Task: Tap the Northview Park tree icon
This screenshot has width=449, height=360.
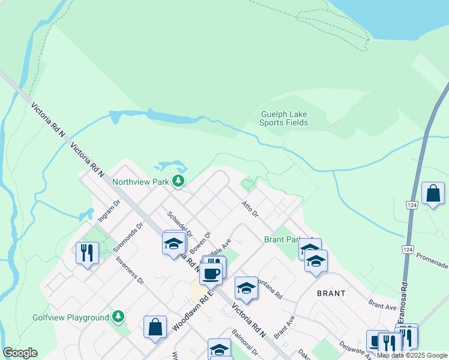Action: (x=178, y=180)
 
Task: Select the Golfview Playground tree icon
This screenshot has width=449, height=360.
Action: (x=118, y=316)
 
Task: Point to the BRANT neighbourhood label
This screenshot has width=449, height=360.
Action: (x=331, y=293)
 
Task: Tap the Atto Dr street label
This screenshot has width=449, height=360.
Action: (x=249, y=208)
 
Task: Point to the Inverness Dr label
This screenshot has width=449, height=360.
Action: (x=130, y=270)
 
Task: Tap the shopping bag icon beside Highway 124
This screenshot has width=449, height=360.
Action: (x=433, y=194)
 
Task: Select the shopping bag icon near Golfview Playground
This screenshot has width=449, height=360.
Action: (x=155, y=328)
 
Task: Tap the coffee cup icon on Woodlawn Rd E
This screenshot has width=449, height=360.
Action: (x=211, y=274)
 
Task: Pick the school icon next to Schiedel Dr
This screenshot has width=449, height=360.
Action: (x=173, y=244)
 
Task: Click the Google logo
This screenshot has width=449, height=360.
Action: (x=20, y=353)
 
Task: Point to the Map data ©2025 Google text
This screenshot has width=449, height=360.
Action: (x=412, y=355)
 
